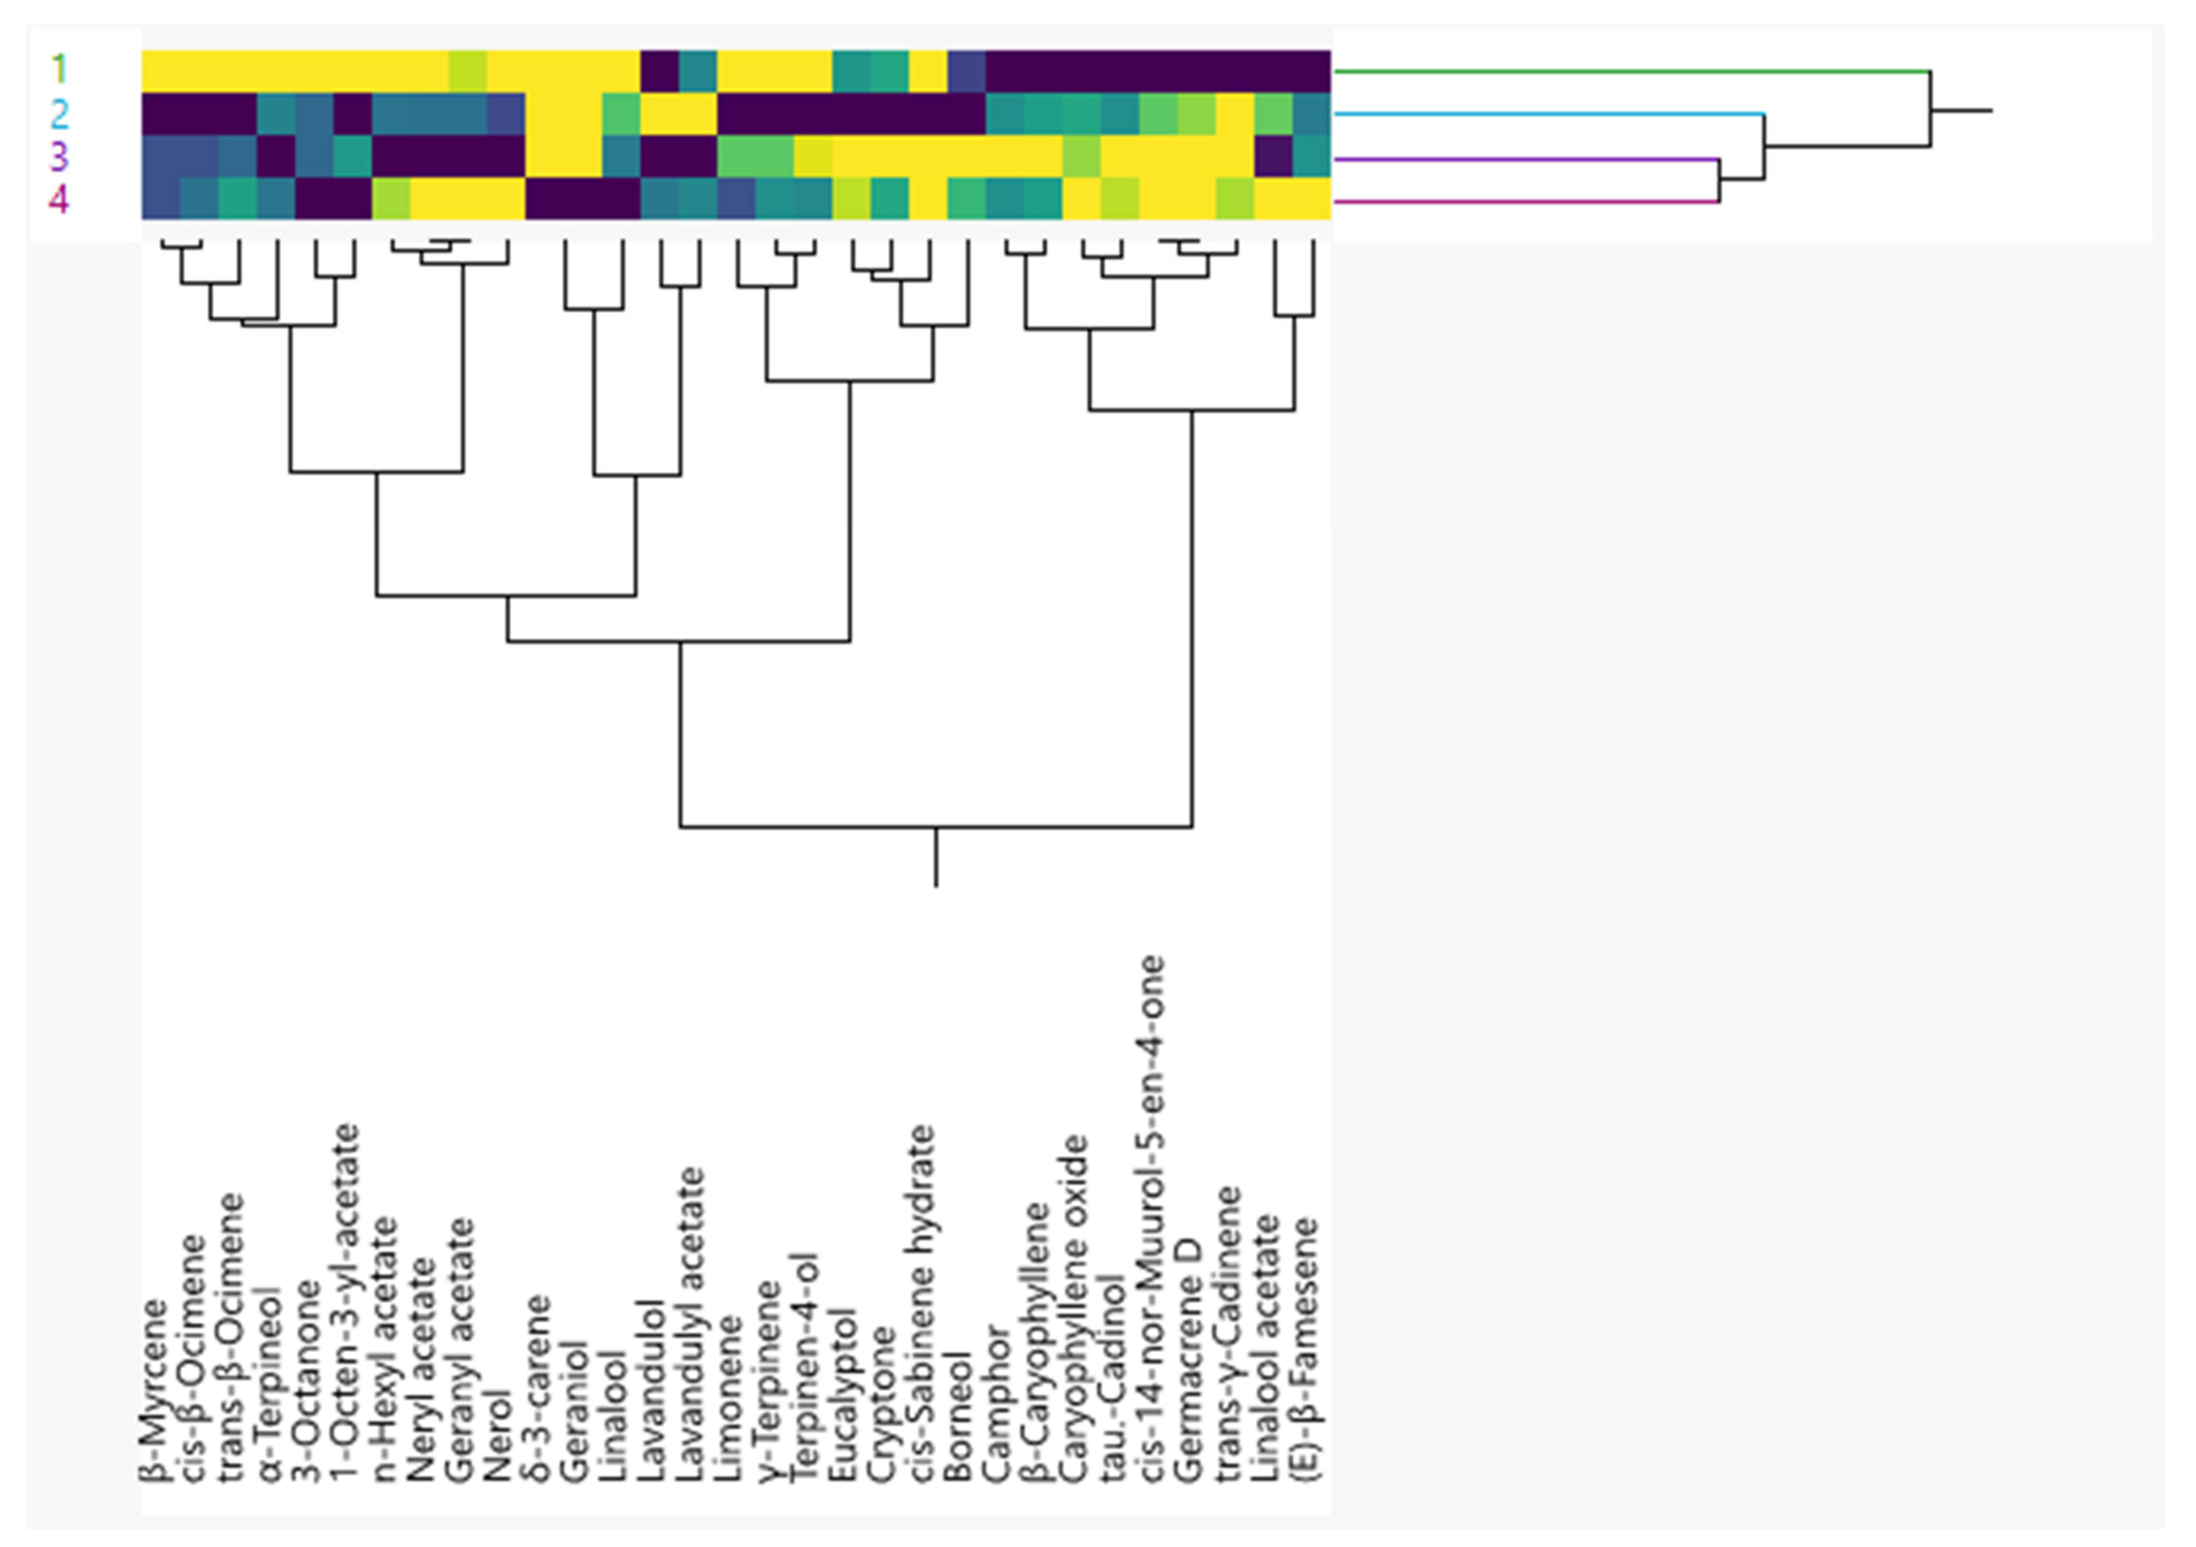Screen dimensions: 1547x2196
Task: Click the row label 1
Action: click(59, 70)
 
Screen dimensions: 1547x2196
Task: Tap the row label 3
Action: click(59, 157)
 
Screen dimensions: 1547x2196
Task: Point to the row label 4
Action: click(59, 200)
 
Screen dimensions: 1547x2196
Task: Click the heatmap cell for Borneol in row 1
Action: click(966, 71)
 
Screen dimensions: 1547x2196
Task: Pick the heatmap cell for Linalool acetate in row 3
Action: click(1272, 157)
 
